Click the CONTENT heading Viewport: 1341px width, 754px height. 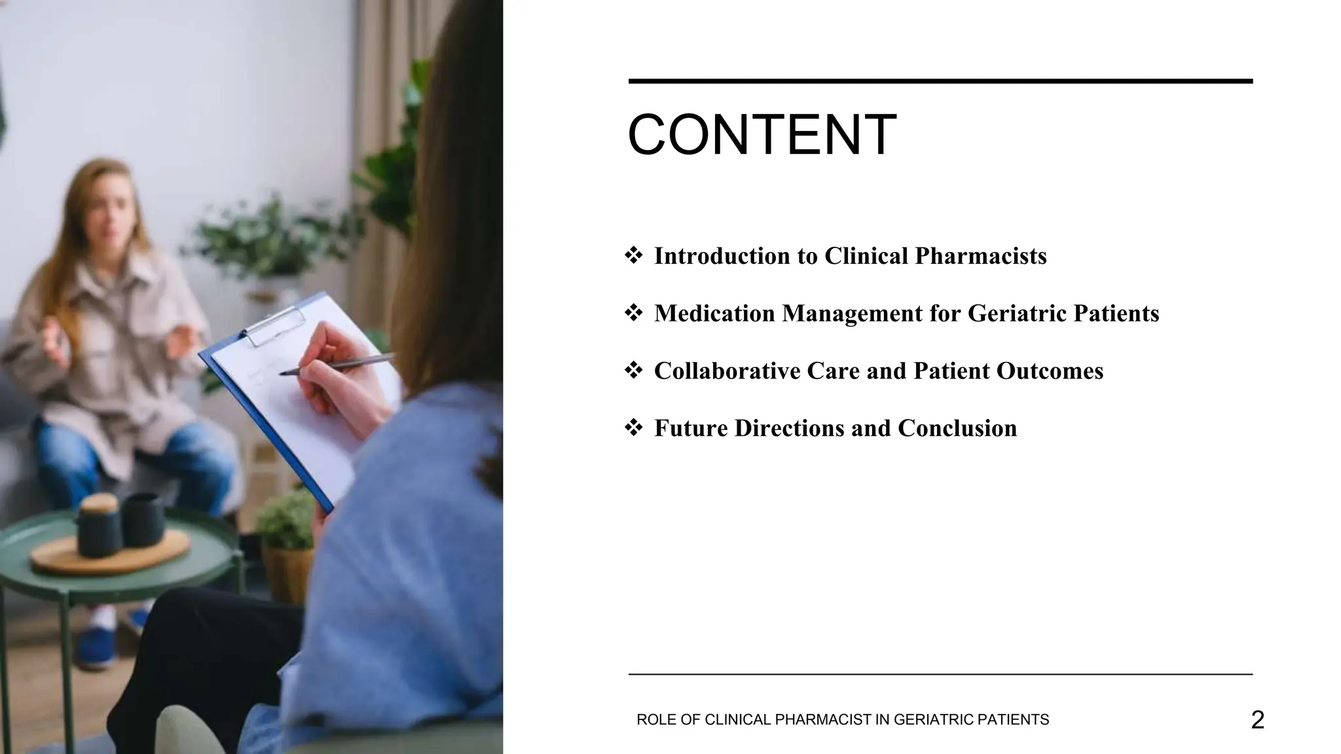click(762, 135)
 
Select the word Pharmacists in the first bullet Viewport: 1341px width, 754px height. click(980, 256)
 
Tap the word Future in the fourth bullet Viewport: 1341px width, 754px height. click(690, 429)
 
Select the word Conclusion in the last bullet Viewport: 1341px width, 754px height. click(957, 429)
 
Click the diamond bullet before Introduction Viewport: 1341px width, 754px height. click(634, 255)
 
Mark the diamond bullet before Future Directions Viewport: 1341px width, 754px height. click(634, 428)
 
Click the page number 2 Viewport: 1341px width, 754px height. click(1257, 720)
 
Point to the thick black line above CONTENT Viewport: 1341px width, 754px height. click(940, 81)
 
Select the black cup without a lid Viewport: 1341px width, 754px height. click(143, 519)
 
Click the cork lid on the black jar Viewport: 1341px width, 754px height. click(99, 504)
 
